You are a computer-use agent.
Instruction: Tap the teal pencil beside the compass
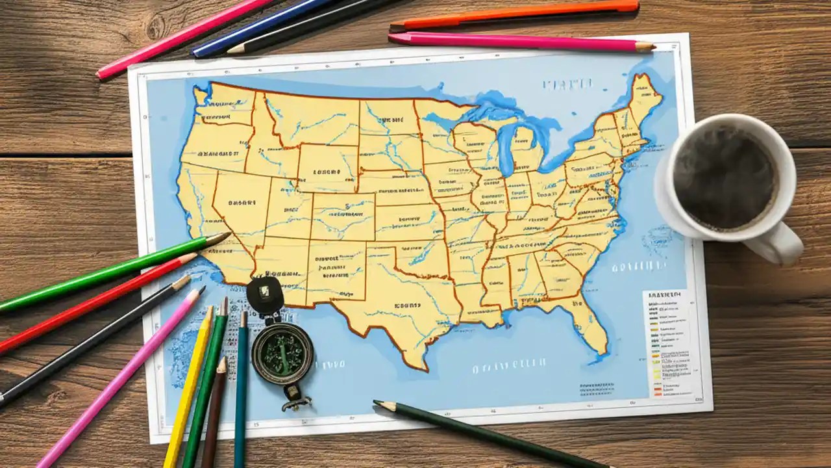tap(242, 390)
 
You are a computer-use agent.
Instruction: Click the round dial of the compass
tap(282, 354)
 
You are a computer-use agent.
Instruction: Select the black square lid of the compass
tap(265, 296)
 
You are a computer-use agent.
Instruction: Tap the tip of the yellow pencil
tap(210, 310)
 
